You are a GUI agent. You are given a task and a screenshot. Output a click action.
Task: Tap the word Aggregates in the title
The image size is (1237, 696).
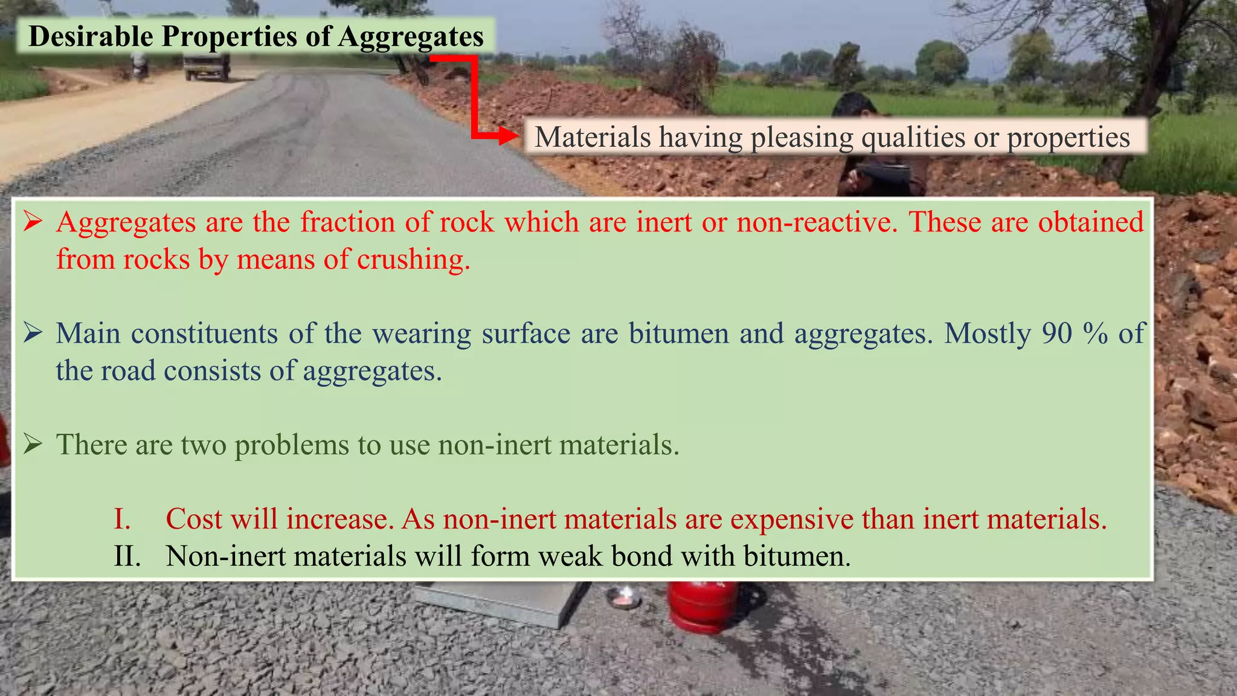[411, 37]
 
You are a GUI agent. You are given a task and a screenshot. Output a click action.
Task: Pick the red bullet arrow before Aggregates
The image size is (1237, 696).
[33, 222]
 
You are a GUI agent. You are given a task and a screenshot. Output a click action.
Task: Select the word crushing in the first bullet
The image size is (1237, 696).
[413, 260]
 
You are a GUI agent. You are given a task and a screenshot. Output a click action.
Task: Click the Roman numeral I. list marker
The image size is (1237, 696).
[122, 519]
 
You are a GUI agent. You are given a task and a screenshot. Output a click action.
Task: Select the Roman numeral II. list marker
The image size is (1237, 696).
[127, 556]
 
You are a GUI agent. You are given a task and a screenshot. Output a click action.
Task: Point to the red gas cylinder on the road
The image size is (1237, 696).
[702, 607]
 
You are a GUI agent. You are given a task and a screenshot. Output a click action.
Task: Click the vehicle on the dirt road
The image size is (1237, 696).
[207, 65]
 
